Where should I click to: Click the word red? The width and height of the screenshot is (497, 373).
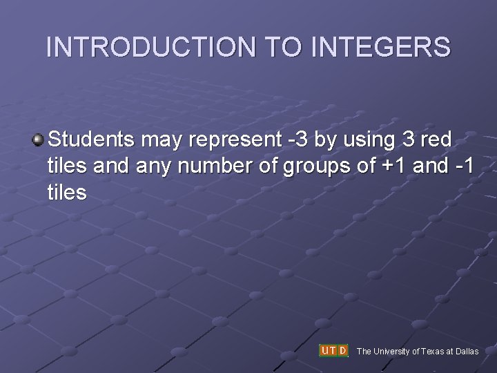(x=436, y=140)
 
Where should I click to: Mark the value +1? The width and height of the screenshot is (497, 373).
(x=391, y=166)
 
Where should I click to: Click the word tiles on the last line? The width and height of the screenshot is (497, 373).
(x=68, y=193)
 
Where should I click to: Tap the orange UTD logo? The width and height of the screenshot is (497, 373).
(x=334, y=350)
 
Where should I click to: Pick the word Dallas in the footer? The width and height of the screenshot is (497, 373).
(x=467, y=352)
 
